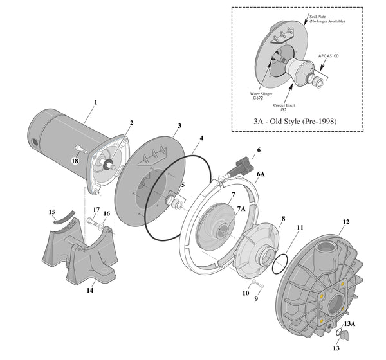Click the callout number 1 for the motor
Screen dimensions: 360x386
[96, 102]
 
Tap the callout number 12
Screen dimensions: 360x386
[345, 222]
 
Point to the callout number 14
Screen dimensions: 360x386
[91, 291]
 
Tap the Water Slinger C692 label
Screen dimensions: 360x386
[263, 96]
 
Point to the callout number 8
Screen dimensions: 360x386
[283, 219]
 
